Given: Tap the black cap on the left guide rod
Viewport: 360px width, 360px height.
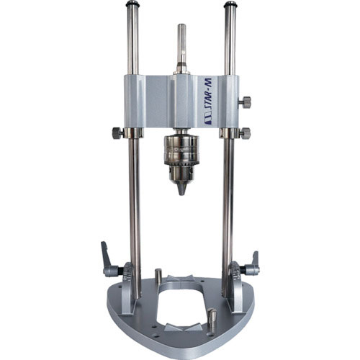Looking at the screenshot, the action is pos(132,4).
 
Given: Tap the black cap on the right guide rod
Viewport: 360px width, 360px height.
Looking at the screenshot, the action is pos(230,4).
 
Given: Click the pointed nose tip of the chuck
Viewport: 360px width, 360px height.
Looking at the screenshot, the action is pos(181,194).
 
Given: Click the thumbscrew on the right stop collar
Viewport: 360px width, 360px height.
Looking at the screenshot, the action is pos(245,133).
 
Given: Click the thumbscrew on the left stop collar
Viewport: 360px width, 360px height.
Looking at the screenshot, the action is pos(118,133).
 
